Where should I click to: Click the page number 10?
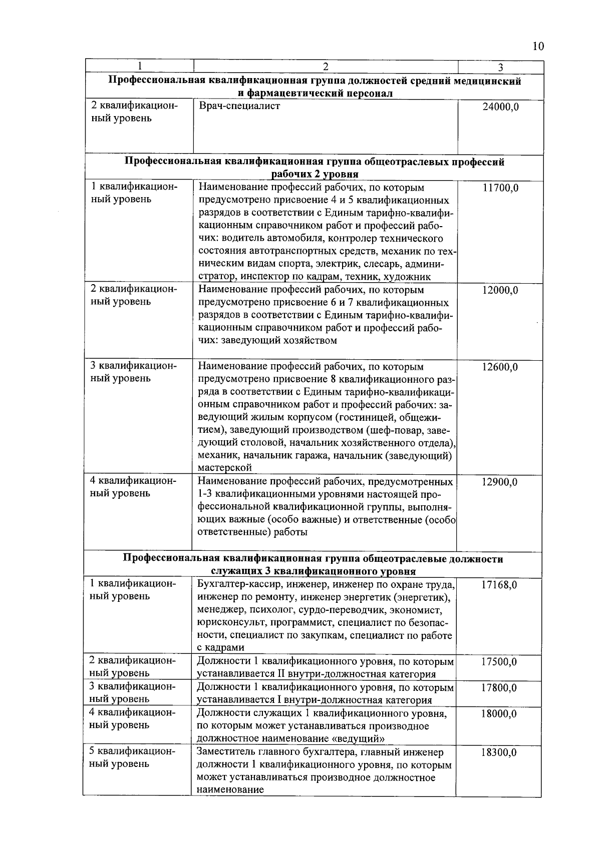[537, 47]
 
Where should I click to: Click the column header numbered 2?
[326, 67]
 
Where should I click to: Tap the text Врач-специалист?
[239, 106]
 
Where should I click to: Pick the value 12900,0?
[500, 482]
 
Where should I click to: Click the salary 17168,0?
[499, 585]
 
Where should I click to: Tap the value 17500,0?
[499, 662]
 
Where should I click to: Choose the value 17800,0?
[499, 688]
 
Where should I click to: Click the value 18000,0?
[499, 714]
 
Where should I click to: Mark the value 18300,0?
[499, 753]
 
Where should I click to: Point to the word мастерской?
[225, 468]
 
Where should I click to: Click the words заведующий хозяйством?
[284, 341]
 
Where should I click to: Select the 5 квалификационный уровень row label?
[133, 758]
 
